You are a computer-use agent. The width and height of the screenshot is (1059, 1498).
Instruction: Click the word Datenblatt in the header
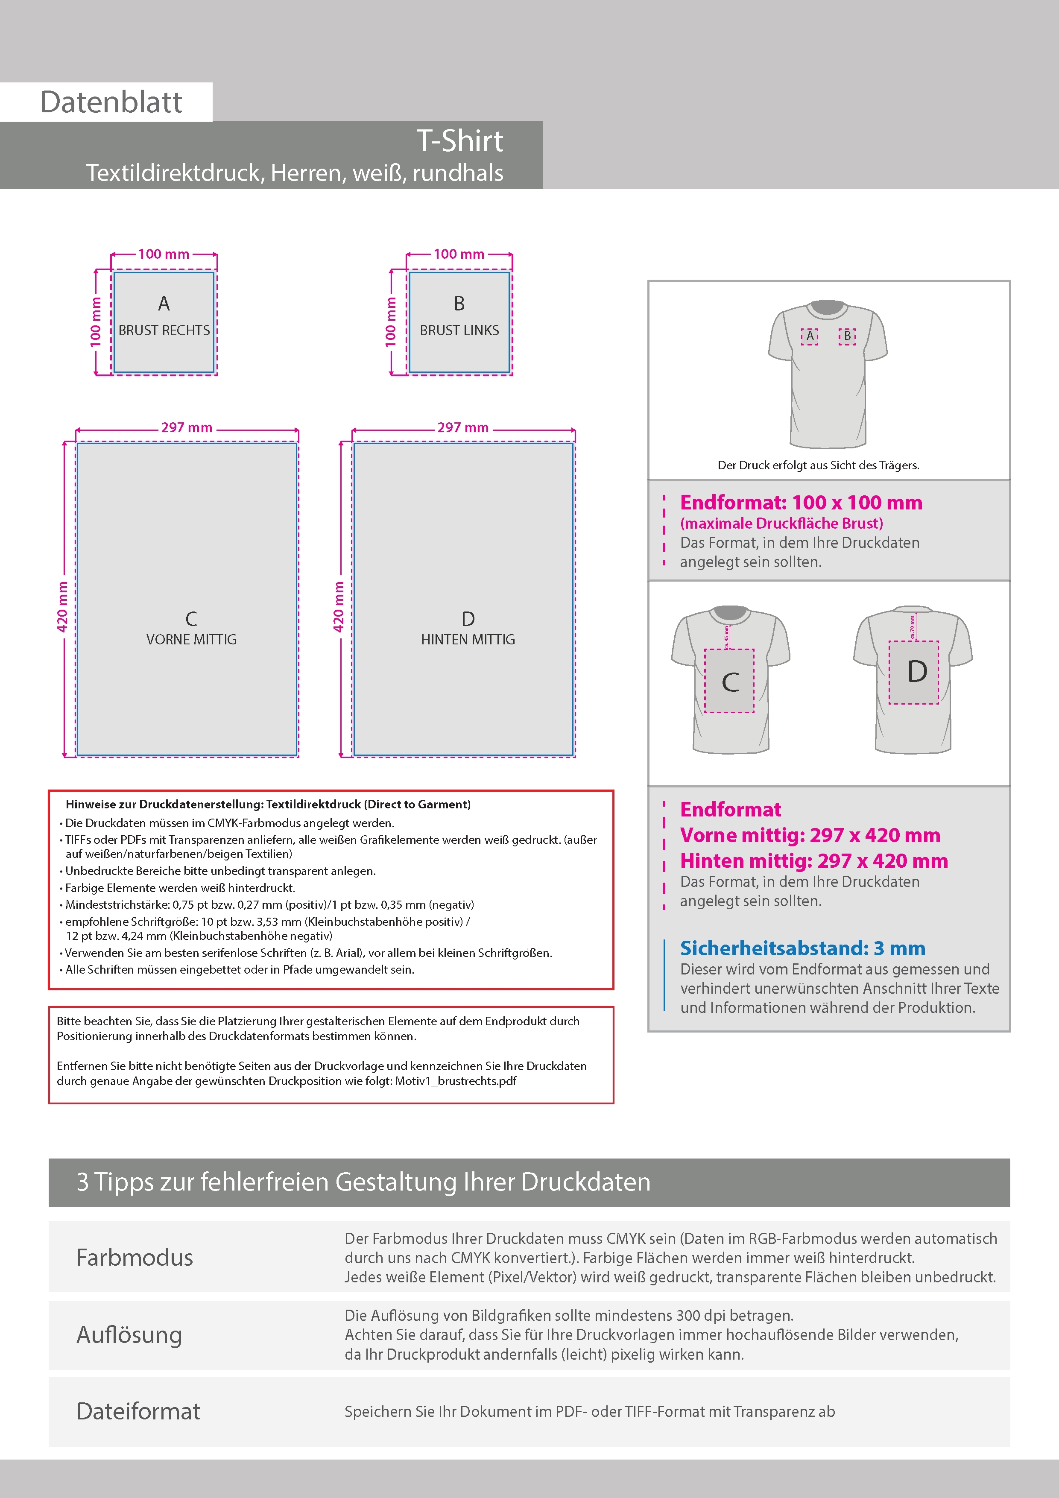tap(111, 102)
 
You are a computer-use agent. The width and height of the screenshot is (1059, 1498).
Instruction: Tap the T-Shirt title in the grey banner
tap(459, 141)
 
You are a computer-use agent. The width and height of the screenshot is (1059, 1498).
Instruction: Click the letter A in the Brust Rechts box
tap(164, 303)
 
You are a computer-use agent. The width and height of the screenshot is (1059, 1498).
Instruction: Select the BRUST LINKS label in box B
tap(459, 331)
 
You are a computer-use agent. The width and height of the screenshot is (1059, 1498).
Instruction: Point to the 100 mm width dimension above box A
tap(164, 254)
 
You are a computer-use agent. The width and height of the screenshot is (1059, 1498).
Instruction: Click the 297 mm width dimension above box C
tap(187, 427)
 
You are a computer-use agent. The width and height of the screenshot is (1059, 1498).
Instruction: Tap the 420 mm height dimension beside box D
tap(339, 606)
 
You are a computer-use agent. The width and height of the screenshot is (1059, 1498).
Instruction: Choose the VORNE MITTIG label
tap(191, 639)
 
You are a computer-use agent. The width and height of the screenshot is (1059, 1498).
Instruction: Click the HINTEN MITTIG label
tap(468, 639)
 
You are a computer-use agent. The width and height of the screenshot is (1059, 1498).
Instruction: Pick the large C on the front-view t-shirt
tap(730, 682)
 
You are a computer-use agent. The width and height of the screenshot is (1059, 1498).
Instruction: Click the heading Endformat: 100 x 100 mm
tap(801, 502)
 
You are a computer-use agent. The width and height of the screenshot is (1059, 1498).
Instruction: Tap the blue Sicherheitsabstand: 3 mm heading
tap(802, 948)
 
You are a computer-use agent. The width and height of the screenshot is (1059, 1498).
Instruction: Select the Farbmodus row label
tap(135, 1257)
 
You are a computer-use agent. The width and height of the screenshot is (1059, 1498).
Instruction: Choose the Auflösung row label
tap(129, 1334)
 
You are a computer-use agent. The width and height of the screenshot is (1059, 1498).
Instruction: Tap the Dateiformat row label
tap(137, 1411)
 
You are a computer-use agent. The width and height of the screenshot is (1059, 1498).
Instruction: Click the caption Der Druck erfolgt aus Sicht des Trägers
tap(818, 465)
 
